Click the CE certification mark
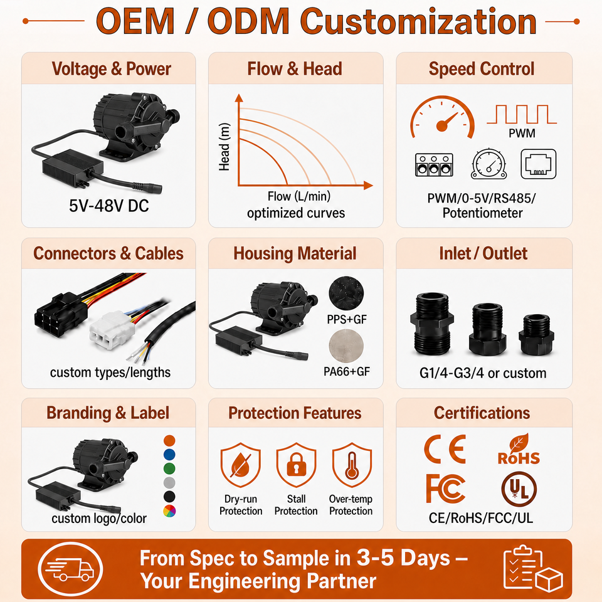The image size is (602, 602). click(445, 449)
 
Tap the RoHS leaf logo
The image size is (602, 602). click(519, 450)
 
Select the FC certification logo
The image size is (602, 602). click(446, 488)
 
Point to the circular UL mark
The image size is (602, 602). click(519, 489)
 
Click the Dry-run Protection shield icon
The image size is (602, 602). click(241, 465)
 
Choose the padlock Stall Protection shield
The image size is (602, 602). click(296, 465)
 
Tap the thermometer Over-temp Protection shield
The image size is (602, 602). click(352, 465)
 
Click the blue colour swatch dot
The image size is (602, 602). click(169, 455)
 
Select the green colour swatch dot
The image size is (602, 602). click(169, 469)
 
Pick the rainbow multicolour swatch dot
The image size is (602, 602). click(169, 511)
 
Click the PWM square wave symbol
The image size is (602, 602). click(522, 114)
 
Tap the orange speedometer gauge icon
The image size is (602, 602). click(442, 117)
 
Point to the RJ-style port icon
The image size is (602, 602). click(538, 164)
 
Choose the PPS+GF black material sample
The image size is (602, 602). click(346, 293)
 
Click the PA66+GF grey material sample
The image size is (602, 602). click(346, 346)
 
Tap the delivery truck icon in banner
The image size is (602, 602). click(70, 569)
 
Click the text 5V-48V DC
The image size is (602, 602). click(109, 206)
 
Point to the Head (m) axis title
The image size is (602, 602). click(224, 147)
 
